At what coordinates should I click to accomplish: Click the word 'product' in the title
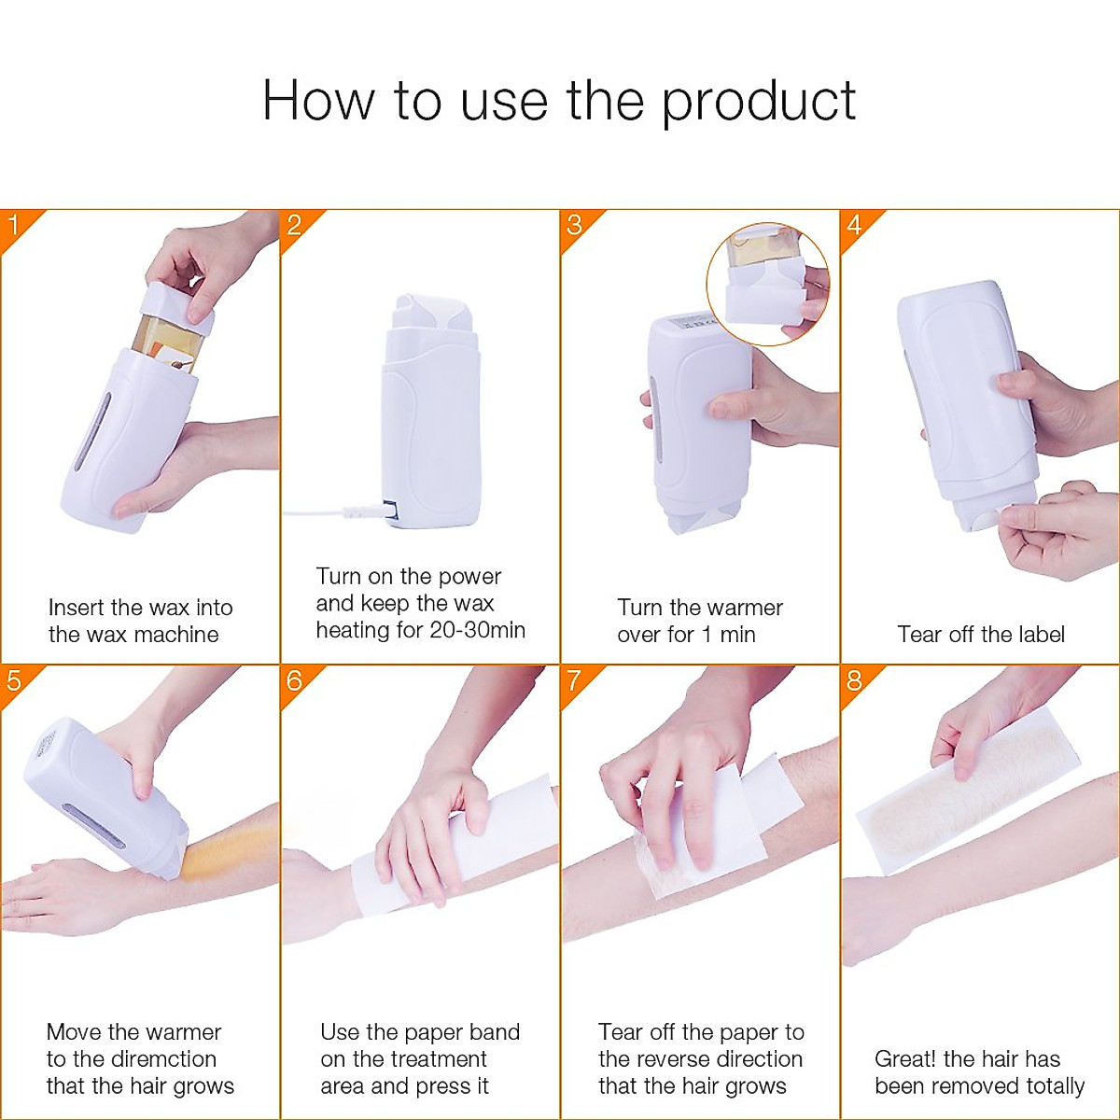pos(758,102)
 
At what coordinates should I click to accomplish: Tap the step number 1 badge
pos(14,225)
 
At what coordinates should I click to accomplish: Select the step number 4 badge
pos(854,225)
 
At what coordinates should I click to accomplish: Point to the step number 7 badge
pos(574,680)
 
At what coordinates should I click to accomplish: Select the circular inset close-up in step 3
pos(767,284)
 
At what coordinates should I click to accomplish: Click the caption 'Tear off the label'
pos(980,635)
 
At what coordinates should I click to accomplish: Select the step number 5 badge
pos(14,680)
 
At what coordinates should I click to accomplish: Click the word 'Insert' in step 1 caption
pos(76,608)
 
